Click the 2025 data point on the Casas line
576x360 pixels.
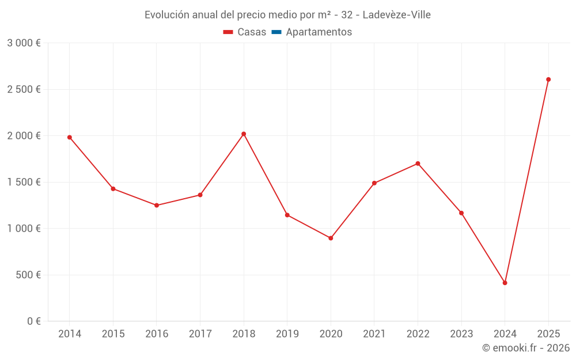pos(548,79)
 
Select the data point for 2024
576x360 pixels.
pos(505,283)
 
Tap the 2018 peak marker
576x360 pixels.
pos(244,134)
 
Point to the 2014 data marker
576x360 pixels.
pos(70,137)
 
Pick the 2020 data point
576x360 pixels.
pos(331,238)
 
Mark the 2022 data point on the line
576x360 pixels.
pos(418,164)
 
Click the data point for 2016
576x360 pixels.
pos(157,205)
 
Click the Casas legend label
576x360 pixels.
pos(252,32)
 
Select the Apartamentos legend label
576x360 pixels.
pos(319,32)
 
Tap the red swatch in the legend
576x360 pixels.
pos(228,32)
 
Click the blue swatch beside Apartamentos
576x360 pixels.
pos(276,32)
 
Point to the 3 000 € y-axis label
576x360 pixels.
pos(24,43)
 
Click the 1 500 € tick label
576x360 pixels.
pos(24,182)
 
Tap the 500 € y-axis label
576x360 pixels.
pos(29,275)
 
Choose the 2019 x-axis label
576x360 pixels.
pos(287,334)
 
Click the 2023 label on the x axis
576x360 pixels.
pos(461,334)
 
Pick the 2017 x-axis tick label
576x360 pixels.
pos(200,334)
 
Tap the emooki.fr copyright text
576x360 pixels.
pos(526,348)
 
